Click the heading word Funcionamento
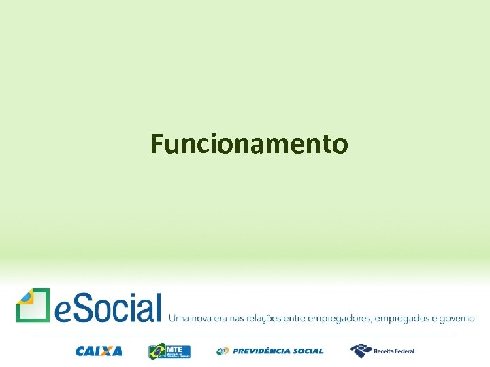tap(249, 144)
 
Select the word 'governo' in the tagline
tap(457, 318)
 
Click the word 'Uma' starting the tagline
tap(178, 317)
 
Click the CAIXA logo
tap(99, 351)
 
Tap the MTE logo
tap(169, 351)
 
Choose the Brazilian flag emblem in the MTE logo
tap(157, 351)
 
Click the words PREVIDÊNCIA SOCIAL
tap(278, 351)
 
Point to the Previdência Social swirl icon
tap(223, 351)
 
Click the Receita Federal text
tap(393, 351)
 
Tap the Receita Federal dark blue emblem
tap(360, 351)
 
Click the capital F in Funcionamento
tap(157, 144)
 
